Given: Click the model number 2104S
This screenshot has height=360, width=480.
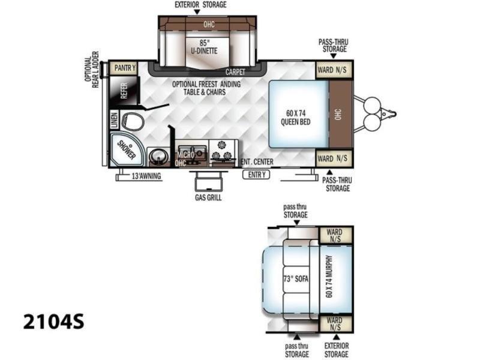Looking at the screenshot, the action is pyautogui.click(x=53, y=322).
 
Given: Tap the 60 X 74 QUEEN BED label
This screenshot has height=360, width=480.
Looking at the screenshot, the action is pyautogui.click(x=295, y=118).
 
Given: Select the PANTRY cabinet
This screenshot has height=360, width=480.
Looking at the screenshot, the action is pyautogui.click(x=125, y=68).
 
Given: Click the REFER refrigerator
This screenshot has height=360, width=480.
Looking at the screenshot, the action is pyautogui.click(x=124, y=91).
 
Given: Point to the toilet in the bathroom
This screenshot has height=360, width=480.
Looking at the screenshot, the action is pyautogui.click(x=133, y=121).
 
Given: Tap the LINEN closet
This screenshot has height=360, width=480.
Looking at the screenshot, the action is pyautogui.click(x=114, y=120).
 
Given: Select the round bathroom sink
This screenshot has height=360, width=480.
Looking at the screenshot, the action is pyautogui.click(x=158, y=157).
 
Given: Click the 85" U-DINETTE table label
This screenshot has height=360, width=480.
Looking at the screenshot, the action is pyautogui.click(x=204, y=47).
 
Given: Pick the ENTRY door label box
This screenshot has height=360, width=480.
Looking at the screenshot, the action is pyautogui.click(x=257, y=175).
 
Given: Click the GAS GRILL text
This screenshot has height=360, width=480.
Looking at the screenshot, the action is pyautogui.click(x=208, y=197).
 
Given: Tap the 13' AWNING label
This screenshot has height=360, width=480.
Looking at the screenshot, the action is pyautogui.click(x=146, y=176).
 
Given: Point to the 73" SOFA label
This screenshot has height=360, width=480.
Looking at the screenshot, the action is pyautogui.click(x=296, y=279).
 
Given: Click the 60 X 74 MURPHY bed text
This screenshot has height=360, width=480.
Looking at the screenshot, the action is pyautogui.click(x=329, y=277).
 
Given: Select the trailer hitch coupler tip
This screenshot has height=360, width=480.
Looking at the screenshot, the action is pyautogui.click(x=395, y=114).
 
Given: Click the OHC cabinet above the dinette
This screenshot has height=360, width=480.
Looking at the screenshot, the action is pyautogui.click(x=209, y=24).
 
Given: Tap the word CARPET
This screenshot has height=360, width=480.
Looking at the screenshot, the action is pyautogui.click(x=235, y=72).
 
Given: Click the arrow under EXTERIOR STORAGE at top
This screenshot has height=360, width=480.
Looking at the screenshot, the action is pyautogui.click(x=197, y=11).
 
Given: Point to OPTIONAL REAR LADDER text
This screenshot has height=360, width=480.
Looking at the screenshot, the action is pyautogui.click(x=92, y=70).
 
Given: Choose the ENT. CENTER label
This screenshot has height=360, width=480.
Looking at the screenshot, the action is pyautogui.click(x=257, y=161).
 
